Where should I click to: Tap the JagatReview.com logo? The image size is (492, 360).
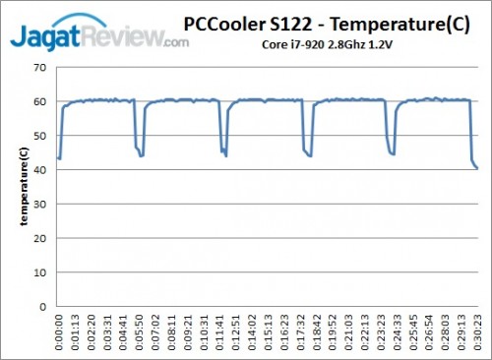[x=98, y=36]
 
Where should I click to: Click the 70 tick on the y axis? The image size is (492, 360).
[x=39, y=67]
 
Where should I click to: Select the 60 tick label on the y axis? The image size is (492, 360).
[x=39, y=101]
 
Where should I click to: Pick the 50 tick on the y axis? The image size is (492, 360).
[x=39, y=135]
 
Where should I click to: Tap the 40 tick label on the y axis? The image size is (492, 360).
[x=39, y=169]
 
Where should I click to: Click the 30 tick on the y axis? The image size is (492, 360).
[x=39, y=204]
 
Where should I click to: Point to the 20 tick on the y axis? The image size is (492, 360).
[x=39, y=238]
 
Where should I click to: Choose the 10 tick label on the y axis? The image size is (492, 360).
[x=39, y=271]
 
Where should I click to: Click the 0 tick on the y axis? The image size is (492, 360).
[x=42, y=306]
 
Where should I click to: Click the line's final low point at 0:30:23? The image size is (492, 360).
[x=477, y=168]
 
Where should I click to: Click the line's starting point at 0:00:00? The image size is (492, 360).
[x=58, y=157]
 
